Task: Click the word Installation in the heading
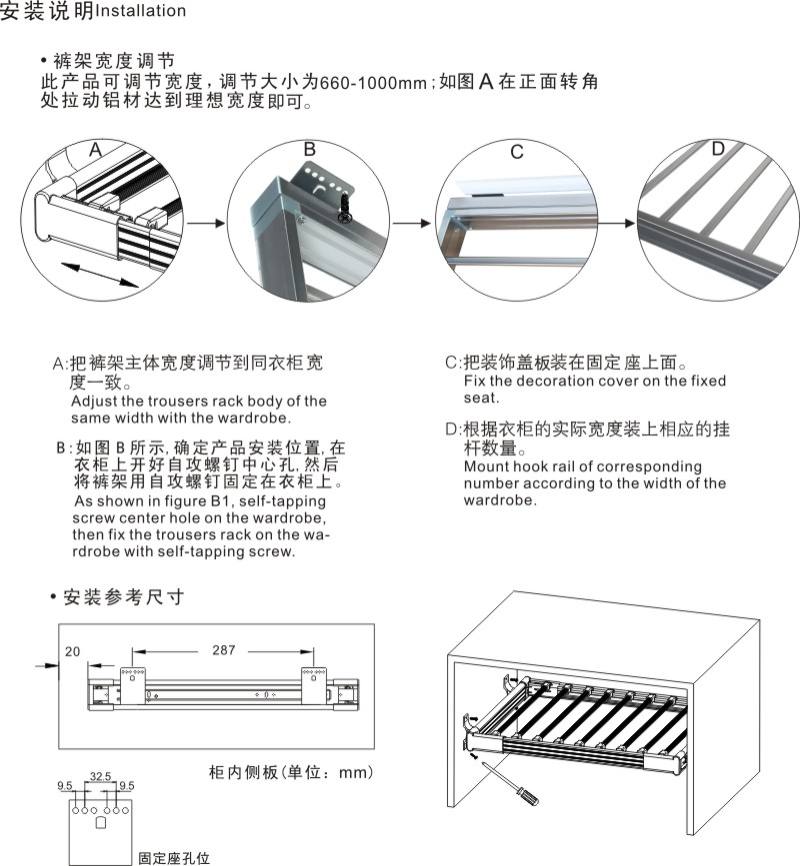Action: point(141,12)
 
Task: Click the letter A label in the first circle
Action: point(95,150)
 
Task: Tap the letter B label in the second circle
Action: point(310,149)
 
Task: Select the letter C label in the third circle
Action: point(516,153)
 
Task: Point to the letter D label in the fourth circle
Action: point(718,150)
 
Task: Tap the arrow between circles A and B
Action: point(205,224)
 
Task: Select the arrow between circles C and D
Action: point(622,224)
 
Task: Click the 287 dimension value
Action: point(224,650)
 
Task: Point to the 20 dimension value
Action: point(72,650)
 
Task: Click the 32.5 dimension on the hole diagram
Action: point(100,775)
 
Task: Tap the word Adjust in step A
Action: point(96,402)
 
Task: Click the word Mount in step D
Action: point(486,466)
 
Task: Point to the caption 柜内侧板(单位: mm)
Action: point(290,772)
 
